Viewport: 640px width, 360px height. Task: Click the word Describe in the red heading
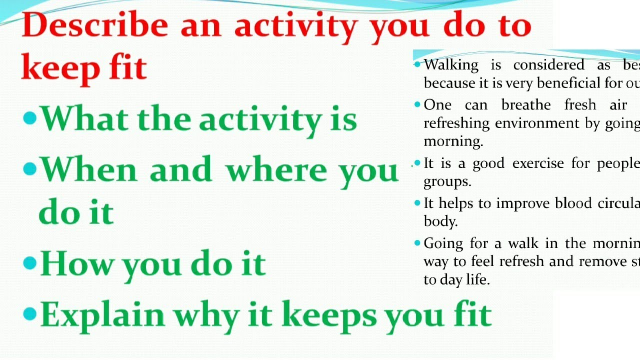[95, 26]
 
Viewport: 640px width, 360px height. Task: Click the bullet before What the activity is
[30, 118]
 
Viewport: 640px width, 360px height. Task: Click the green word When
[88, 170]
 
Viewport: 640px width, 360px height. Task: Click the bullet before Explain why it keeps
[30, 313]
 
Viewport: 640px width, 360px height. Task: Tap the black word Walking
[451, 65]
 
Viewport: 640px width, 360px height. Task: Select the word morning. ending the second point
[453, 141]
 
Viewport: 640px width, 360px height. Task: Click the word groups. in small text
[447, 181]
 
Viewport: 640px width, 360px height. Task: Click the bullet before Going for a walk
[417, 243]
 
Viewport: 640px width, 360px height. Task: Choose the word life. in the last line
[477, 279]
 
